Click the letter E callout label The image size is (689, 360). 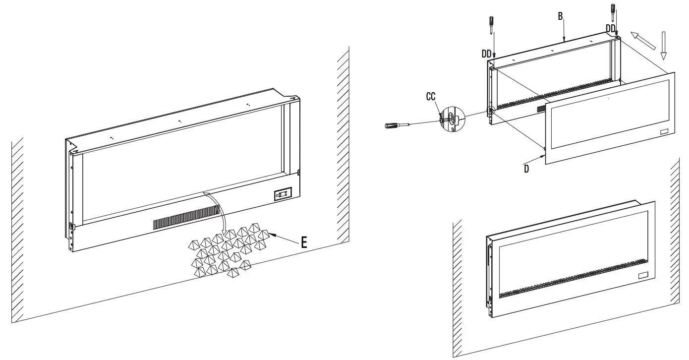coord(303,242)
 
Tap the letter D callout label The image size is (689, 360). coord(526,169)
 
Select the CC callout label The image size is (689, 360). coord(431,97)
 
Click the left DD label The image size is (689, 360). coord(486,54)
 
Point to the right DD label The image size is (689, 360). coord(611,28)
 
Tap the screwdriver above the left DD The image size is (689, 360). coord(492,24)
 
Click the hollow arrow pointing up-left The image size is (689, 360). coord(642,40)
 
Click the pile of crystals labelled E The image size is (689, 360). coord(228,251)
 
